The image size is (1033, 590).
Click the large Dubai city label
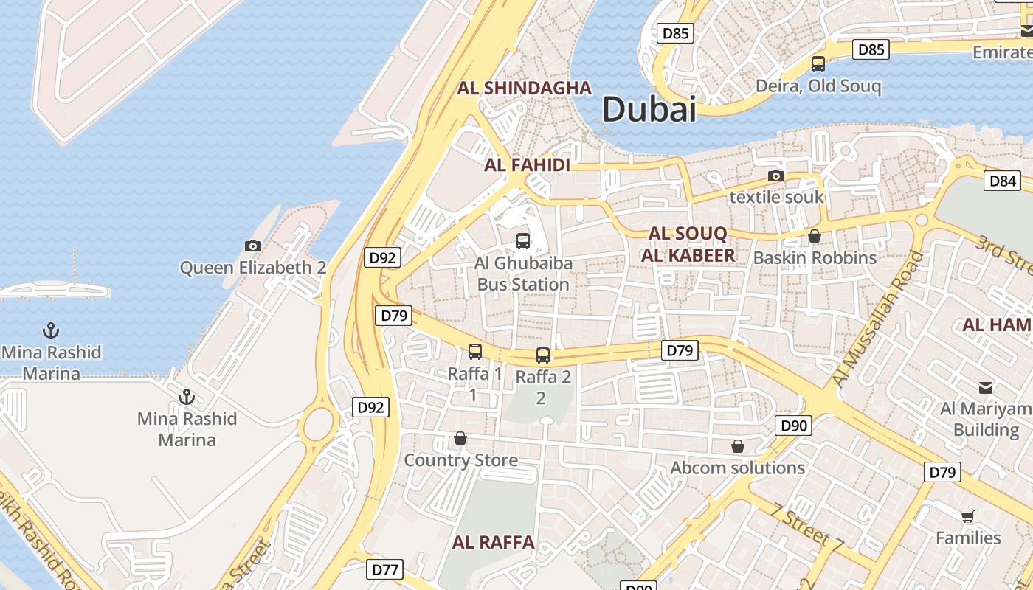[649, 109]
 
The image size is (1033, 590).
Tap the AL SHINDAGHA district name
[525, 88]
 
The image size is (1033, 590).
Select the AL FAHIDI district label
[527, 164]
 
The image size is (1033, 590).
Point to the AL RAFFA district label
[493, 543]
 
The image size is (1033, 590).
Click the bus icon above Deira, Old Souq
[818, 64]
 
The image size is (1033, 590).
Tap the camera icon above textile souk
[775, 176]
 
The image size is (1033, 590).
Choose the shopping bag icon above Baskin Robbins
[815, 236]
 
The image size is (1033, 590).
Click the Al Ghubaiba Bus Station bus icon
[523, 240]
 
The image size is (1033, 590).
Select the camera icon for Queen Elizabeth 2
[253, 246]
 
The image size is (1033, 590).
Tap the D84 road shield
[1003, 181]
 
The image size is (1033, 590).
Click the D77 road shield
[386, 569]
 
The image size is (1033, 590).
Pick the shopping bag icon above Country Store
[460, 439]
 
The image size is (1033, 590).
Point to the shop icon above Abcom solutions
[737, 446]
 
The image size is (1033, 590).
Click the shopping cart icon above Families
[968, 516]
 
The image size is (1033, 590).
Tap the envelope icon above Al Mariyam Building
[986, 387]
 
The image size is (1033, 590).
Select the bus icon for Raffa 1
[475, 352]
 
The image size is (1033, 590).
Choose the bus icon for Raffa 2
[543, 355]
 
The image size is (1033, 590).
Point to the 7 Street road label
[807, 528]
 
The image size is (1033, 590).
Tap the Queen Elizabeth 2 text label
[253, 267]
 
